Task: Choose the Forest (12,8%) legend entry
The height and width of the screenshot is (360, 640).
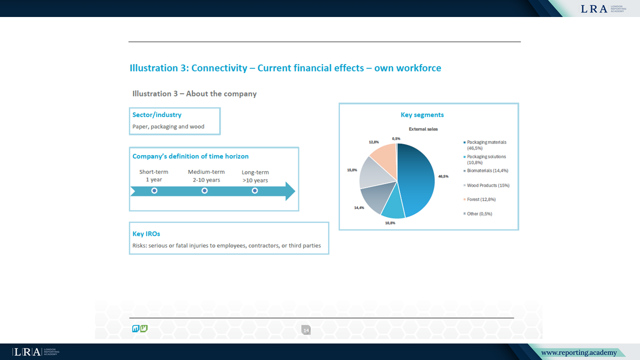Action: pyautogui.click(x=481, y=199)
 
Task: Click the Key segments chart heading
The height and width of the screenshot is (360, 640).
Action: pyautogui.click(x=422, y=115)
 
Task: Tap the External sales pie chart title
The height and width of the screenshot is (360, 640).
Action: pyautogui.click(x=423, y=129)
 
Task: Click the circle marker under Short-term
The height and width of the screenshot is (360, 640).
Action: pyautogui.click(x=154, y=191)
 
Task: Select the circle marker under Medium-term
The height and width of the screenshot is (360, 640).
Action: pyautogui.click(x=204, y=191)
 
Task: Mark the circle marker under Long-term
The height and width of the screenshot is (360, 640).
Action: pyautogui.click(x=255, y=191)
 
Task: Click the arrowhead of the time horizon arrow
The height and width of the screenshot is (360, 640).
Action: pyautogui.click(x=290, y=191)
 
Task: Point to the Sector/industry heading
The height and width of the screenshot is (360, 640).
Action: pyautogui.click(x=157, y=115)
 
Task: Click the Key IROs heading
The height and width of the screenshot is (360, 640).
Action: pyautogui.click(x=146, y=234)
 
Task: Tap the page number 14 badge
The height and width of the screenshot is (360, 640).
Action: pyautogui.click(x=306, y=330)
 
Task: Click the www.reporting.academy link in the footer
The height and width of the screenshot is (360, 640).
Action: pyautogui.click(x=579, y=353)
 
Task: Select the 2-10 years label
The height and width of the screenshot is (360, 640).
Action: pyautogui.click(x=206, y=180)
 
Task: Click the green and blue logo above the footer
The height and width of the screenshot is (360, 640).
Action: pyautogui.click(x=139, y=328)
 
